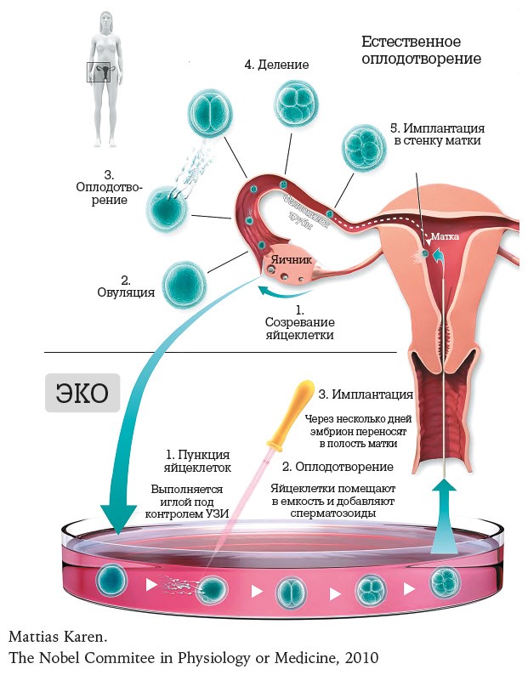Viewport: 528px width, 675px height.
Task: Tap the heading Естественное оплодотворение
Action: click(x=421, y=50)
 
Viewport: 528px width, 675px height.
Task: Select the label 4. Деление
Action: click(x=275, y=65)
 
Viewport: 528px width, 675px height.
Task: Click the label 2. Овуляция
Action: click(x=125, y=286)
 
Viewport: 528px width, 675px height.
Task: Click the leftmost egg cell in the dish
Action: click(x=111, y=580)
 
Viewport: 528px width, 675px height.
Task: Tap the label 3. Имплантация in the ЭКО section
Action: click(x=366, y=394)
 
